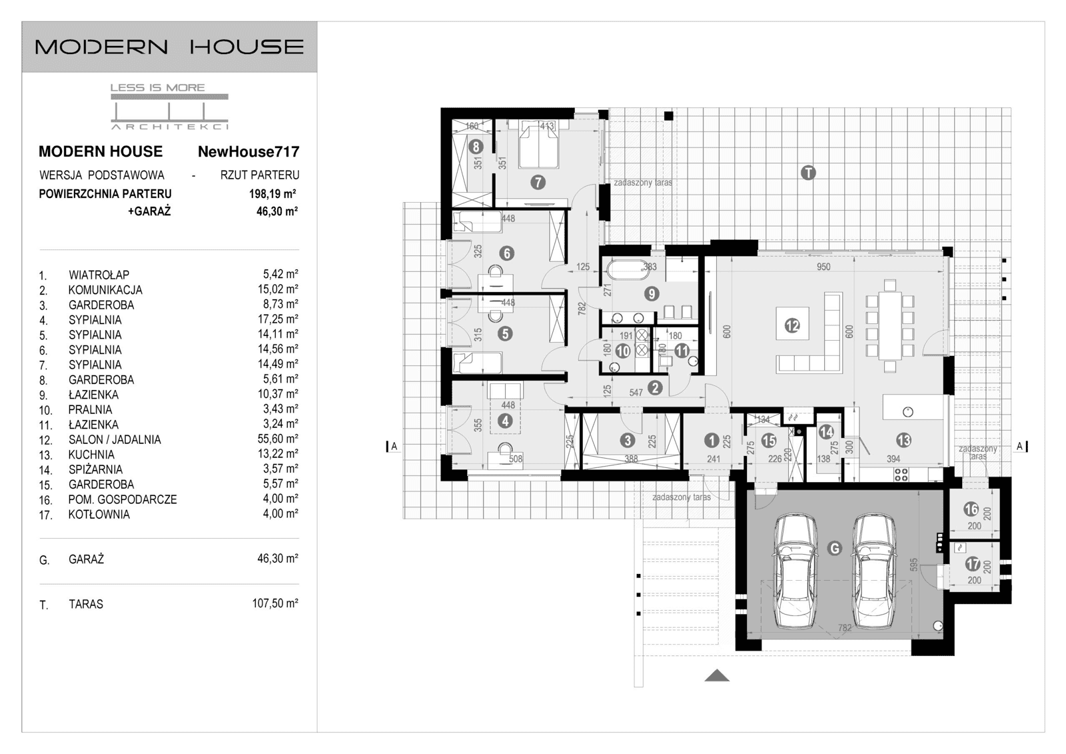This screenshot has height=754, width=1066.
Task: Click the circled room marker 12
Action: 792,325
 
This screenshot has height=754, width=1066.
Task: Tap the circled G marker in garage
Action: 834,548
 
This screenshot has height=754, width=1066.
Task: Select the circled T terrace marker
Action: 807,173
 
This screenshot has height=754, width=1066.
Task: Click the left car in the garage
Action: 796,571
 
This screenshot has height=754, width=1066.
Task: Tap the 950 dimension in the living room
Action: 823,267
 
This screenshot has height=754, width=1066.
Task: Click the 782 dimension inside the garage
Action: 844,627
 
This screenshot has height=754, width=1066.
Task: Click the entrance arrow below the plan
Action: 717,676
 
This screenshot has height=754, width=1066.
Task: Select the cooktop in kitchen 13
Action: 901,475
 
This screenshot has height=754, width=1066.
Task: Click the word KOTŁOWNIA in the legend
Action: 99,515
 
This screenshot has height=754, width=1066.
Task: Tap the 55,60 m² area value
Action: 277,439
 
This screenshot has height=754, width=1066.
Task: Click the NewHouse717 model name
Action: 248,151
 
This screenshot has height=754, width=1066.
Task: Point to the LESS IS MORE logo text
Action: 157,87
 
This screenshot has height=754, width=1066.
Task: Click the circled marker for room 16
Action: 971,509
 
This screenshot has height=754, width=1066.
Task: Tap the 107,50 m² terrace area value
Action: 274,603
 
